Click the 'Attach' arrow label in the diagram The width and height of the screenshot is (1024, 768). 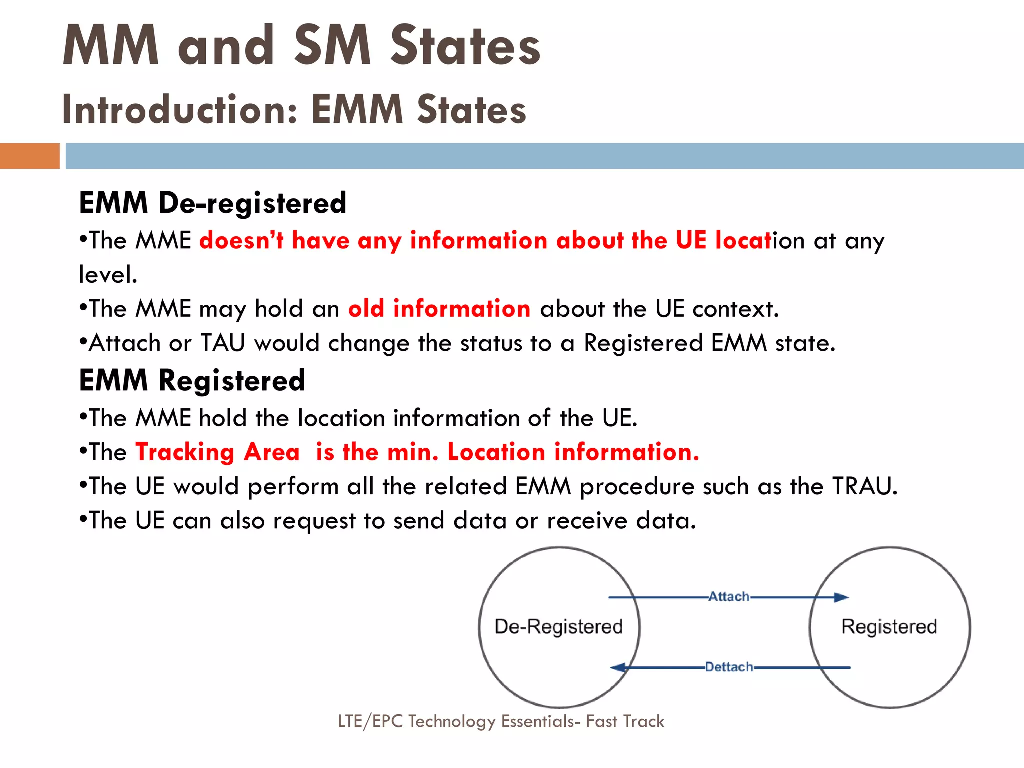729,596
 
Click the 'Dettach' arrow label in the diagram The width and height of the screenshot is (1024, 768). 729,667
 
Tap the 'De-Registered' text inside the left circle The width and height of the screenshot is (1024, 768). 558,627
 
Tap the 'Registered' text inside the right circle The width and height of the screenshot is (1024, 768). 889,627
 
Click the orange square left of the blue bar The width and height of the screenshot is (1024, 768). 29,156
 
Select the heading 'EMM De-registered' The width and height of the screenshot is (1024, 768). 212,203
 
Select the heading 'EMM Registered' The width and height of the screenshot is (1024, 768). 192,381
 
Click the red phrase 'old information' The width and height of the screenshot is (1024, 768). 439,309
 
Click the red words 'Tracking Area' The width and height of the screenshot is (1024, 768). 217,452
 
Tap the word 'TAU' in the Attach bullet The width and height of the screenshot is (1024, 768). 223,343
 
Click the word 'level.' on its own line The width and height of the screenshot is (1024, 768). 108,275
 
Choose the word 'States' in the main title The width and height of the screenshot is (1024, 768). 465,46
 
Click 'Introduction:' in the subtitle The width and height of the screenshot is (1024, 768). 180,110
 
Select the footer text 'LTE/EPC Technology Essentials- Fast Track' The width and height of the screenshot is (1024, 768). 501,721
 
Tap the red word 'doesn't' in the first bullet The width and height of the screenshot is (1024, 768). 241,241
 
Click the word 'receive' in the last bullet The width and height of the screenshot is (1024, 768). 587,521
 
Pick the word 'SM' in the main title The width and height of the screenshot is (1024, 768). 332,46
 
